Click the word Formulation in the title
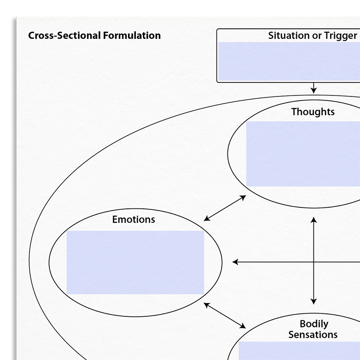pyautogui.click(x=132, y=36)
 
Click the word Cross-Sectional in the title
pyautogui.click(x=64, y=36)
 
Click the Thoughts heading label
pyautogui.click(x=313, y=112)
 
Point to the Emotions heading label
pyautogui.click(x=133, y=219)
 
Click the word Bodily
pyautogui.click(x=314, y=324)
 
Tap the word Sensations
pyautogui.click(x=313, y=335)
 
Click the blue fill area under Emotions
pyautogui.click(x=135, y=263)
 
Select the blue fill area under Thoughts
pyautogui.click(x=303, y=154)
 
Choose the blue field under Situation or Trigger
pyautogui.click(x=289, y=61)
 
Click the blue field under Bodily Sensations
pyautogui.click(x=299, y=351)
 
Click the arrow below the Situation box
pyautogui.click(x=313, y=88)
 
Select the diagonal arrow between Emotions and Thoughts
pyautogui.click(x=225, y=208)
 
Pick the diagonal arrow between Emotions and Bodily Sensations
pyautogui.click(x=225, y=315)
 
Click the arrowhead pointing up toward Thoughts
pyautogui.click(x=313, y=220)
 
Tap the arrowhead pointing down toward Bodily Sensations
pyautogui.click(x=313, y=301)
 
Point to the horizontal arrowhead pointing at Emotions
pyautogui.click(x=235, y=262)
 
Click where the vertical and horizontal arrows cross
pyautogui.click(x=313, y=262)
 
